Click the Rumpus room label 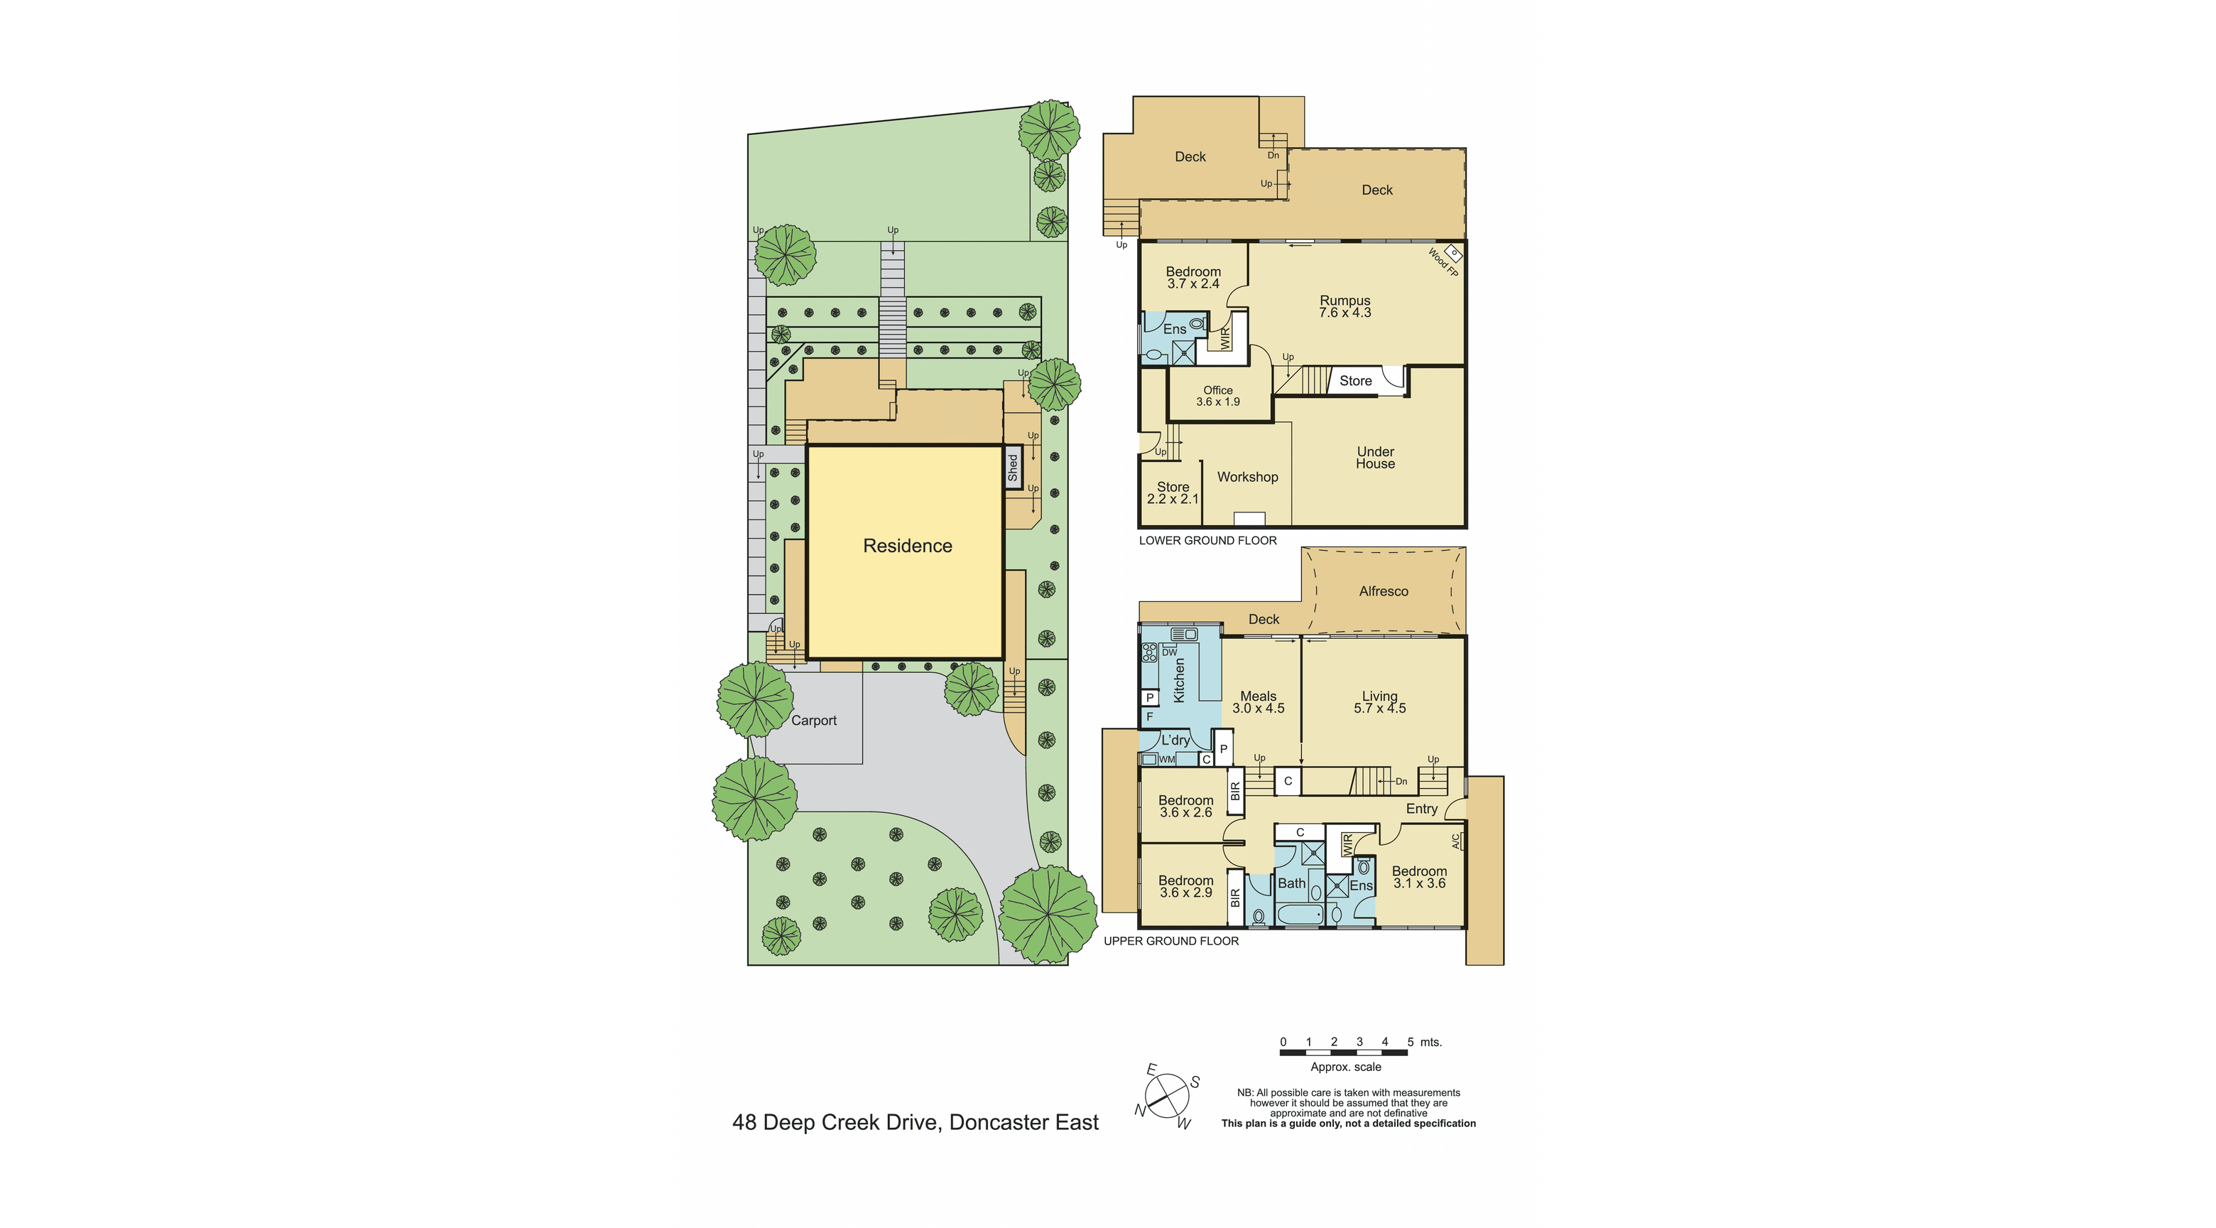point(1345,306)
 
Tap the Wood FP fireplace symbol point(1453,253)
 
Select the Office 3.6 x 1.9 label point(1218,396)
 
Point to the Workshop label point(1247,477)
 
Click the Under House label point(1376,458)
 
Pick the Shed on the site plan point(1014,468)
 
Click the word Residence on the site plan point(908,546)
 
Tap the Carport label point(814,721)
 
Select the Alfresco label point(1384,591)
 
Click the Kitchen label point(1180,680)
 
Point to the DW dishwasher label point(1169,652)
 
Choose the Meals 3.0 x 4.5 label point(1258,702)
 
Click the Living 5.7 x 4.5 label point(1380,702)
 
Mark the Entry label point(1421,809)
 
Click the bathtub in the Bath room point(1300,913)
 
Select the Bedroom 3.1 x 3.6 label point(1419,877)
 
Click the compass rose point(1166,1097)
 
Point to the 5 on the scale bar point(1410,1042)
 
